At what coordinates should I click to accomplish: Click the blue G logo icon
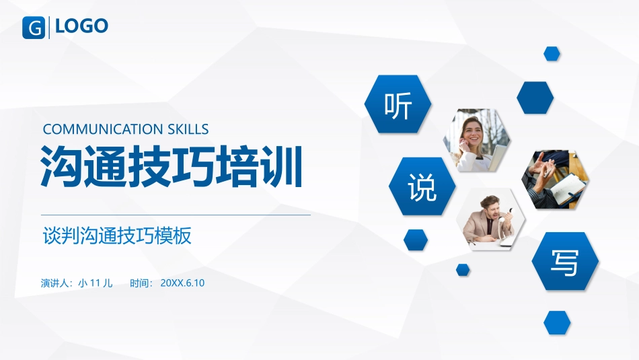click(x=34, y=28)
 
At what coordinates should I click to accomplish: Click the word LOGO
click(x=81, y=26)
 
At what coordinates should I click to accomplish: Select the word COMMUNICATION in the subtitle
click(x=103, y=129)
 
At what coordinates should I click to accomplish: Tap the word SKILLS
click(x=188, y=129)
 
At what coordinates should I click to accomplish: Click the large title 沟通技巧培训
click(x=171, y=167)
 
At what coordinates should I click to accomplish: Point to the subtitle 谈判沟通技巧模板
click(x=117, y=236)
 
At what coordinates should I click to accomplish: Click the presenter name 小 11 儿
click(x=96, y=283)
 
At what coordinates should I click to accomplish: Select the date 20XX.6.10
click(x=182, y=283)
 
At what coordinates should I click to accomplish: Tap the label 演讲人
click(x=56, y=283)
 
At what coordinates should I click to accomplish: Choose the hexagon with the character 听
click(x=398, y=104)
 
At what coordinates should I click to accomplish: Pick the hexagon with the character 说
click(x=422, y=186)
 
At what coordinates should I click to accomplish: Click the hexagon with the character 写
click(x=565, y=261)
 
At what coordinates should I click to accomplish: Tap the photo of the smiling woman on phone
click(x=476, y=140)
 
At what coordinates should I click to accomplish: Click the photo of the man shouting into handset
click(x=491, y=219)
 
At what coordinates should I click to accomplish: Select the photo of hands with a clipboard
click(x=555, y=180)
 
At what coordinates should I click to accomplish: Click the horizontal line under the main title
click(x=176, y=215)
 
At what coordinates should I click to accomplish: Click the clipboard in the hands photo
click(x=569, y=188)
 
